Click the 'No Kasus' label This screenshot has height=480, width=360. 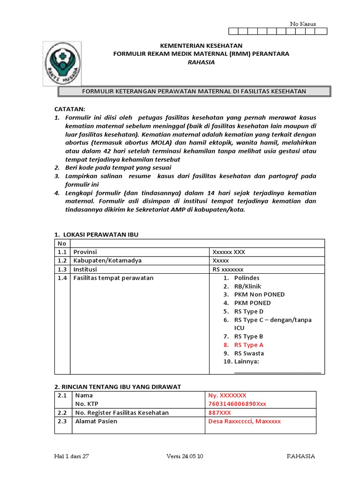(303, 24)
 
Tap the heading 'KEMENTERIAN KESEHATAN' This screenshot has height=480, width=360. (201, 45)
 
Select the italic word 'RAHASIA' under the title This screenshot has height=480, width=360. (201, 62)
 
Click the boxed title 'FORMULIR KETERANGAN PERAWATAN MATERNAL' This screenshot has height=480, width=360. (194, 91)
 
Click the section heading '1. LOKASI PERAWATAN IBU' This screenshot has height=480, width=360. (97, 234)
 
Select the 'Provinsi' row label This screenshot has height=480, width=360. (85, 252)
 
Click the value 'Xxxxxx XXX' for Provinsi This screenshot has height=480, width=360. (229, 252)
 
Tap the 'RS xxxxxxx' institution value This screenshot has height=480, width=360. (228, 269)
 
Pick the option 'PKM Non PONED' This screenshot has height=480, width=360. (259, 294)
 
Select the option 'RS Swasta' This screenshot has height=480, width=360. (249, 353)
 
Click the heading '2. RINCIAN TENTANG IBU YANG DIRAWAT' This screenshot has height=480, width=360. (118, 386)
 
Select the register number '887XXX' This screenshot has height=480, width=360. (220, 412)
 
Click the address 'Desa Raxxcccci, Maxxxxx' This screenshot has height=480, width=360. (244, 421)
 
